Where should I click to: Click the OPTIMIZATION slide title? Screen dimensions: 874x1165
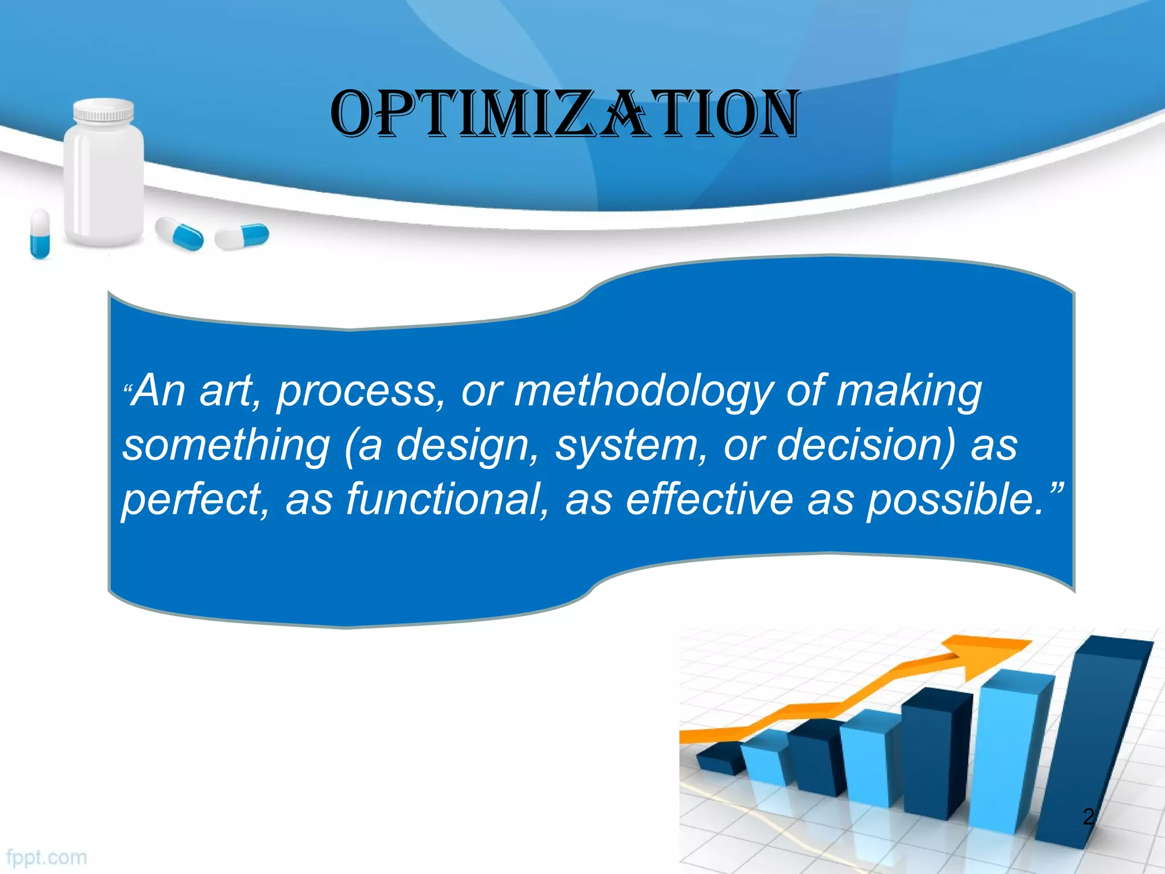coord(564,114)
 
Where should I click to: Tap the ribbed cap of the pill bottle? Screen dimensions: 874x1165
coord(104,112)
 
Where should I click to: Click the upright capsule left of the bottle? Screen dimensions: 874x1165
coord(40,233)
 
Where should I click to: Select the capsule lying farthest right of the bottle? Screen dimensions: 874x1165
coord(242,236)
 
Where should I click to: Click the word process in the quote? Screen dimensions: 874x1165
coord(356,393)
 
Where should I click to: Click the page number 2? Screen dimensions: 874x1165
coord(1088,817)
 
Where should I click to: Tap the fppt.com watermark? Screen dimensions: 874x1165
coord(47,857)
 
